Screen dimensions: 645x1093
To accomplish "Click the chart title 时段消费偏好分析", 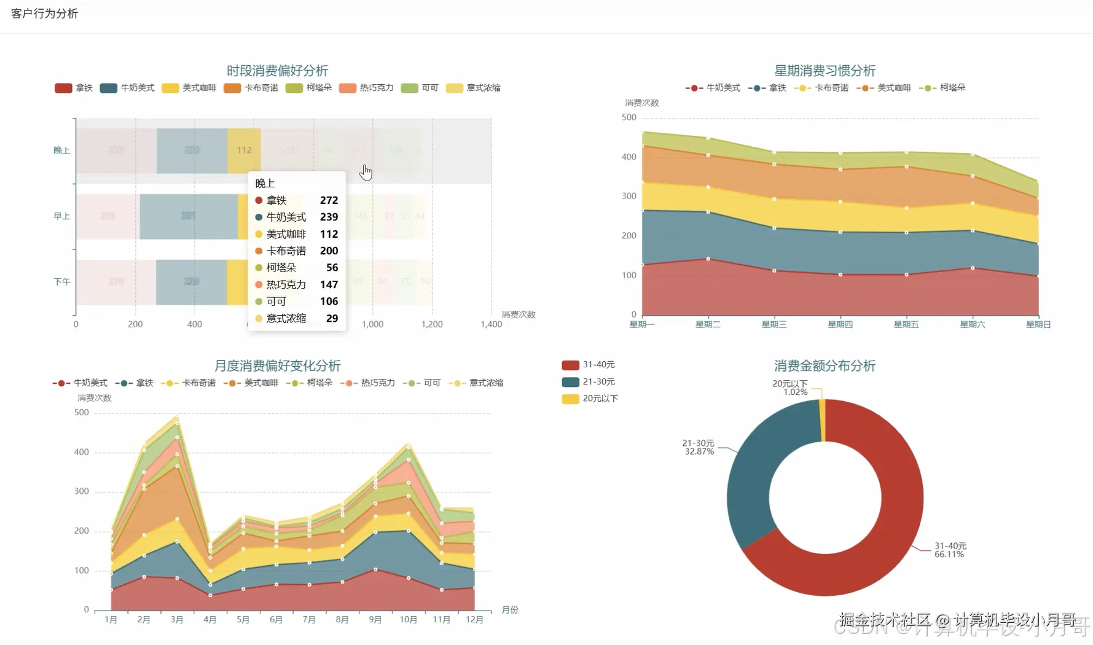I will (277, 71).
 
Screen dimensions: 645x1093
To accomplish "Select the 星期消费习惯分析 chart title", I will (825, 71).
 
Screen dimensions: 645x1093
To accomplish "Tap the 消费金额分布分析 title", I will (825, 366).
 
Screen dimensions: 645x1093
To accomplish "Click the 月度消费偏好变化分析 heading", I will (277, 366).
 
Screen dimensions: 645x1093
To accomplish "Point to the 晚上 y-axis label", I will (61, 150).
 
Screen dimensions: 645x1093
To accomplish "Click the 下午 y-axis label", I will (61, 282).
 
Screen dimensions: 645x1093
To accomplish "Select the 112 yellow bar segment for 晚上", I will (244, 150).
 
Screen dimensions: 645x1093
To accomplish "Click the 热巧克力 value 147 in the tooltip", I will (329, 284).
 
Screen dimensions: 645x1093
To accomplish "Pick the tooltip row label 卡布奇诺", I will (286, 251).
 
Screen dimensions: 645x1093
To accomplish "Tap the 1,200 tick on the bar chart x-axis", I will (432, 324).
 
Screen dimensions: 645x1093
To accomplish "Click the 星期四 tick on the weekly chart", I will (840, 324).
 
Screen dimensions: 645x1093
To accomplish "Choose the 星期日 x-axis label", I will (1038, 324).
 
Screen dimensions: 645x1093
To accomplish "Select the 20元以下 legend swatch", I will (570, 399).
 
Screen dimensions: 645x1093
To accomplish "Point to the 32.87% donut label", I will (699, 451).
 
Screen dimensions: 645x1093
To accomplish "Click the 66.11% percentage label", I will (949, 554).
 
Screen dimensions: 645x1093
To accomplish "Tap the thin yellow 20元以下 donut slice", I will (822, 421).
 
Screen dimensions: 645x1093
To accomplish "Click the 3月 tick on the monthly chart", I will (177, 620).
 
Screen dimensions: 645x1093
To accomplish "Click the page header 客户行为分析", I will (44, 14).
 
